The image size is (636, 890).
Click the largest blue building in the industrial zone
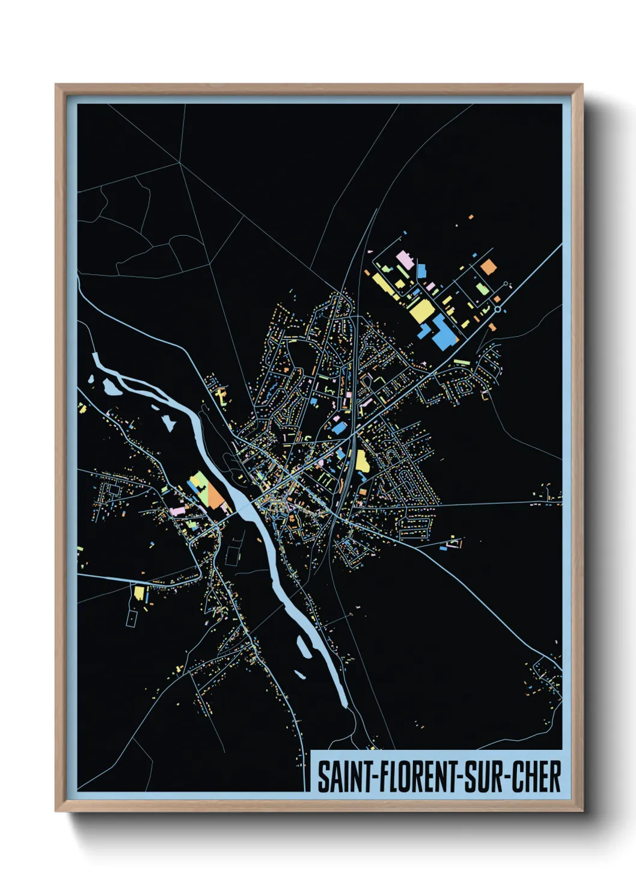point(444,334)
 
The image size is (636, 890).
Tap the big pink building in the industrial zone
point(404,260)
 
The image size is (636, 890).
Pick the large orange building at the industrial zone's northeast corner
point(489,266)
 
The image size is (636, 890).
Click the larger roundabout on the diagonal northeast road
point(498,310)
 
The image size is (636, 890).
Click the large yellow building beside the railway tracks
point(362,461)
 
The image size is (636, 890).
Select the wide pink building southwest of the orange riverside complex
point(179,510)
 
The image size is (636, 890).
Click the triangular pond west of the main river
point(169,422)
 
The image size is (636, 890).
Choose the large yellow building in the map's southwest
point(139,594)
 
